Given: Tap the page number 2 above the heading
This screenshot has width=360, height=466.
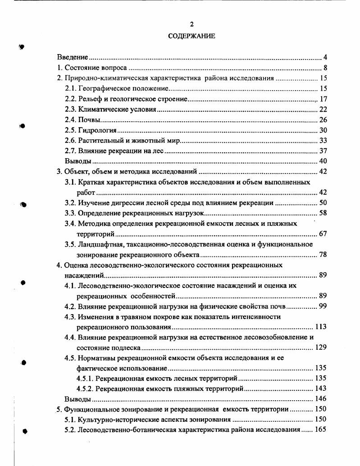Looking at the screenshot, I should [191, 24].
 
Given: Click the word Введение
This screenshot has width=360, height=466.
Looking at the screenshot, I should [72, 57].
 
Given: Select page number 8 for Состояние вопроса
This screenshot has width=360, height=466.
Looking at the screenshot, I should [324, 68].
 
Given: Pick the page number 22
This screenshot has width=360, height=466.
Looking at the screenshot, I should [323, 110].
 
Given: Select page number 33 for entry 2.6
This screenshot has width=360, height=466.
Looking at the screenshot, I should [323, 141].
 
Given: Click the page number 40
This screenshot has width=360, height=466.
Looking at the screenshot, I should [323, 161].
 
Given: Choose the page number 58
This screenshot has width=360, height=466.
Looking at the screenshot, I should [323, 213].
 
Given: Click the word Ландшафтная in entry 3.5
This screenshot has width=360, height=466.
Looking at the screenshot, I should [100, 244].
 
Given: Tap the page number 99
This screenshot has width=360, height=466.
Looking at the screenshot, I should [323, 306].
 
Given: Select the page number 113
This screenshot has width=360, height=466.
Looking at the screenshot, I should [321, 327].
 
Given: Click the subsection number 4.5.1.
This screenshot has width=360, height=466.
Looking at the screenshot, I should [85, 379].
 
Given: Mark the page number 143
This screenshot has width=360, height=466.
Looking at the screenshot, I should [321, 388].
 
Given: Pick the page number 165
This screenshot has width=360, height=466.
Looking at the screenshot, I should [321, 430].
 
